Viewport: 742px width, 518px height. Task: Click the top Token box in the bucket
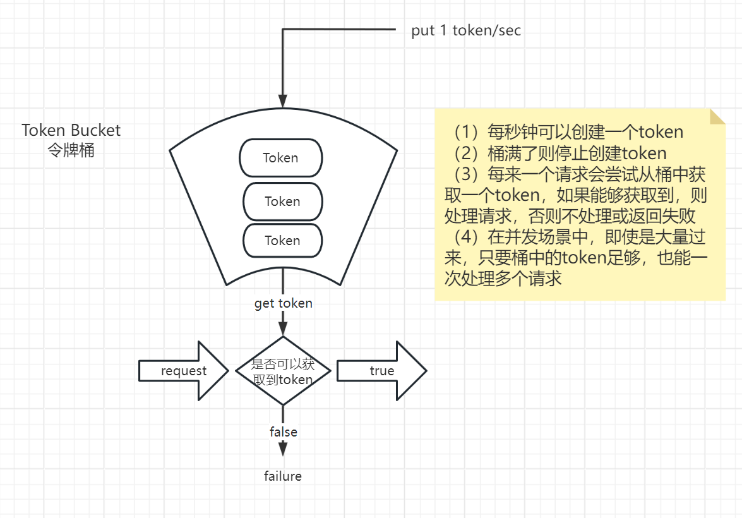(x=281, y=158)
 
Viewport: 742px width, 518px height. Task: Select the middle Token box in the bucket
(x=282, y=202)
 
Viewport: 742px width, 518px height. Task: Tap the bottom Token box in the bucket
(x=282, y=240)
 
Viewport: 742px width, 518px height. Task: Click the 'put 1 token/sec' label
(x=466, y=30)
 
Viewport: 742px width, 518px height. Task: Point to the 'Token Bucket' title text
(x=71, y=130)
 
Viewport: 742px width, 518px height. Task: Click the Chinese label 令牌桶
(x=71, y=150)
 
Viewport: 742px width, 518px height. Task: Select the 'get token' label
(x=283, y=303)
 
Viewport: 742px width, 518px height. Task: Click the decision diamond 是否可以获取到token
(x=282, y=371)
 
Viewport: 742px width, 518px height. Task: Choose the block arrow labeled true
(x=381, y=371)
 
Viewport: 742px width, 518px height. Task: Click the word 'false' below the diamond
(x=283, y=432)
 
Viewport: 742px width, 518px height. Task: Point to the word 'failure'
(x=283, y=476)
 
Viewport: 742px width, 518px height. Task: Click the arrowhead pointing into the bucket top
(x=283, y=100)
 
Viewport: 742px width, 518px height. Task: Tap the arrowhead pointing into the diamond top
(x=283, y=327)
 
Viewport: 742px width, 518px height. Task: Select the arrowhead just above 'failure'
(x=283, y=448)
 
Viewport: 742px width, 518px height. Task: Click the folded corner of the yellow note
(x=717, y=116)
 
